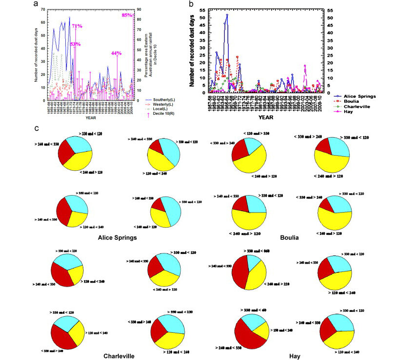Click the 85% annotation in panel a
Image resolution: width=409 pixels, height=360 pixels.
[x=127, y=15]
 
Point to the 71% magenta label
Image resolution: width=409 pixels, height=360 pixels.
[x=76, y=26]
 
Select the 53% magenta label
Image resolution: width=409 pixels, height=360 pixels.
[x=75, y=44]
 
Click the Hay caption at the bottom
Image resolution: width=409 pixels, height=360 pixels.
[x=294, y=356]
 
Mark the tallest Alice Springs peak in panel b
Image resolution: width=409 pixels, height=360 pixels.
[x=227, y=15]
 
